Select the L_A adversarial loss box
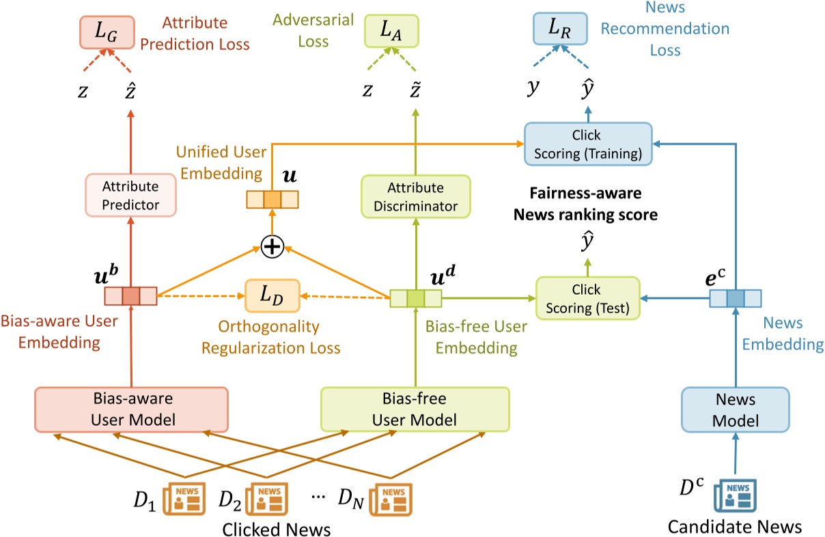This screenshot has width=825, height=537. [391, 31]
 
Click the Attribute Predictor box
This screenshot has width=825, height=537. [130, 194]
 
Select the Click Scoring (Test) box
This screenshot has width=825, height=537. [587, 298]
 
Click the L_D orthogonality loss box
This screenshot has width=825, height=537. [272, 297]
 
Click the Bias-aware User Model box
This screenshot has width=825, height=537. [130, 408]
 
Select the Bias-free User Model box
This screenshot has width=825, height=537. [415, 408]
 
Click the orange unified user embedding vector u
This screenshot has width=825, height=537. [272, 199]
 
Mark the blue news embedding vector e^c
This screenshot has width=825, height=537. [735, 298]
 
